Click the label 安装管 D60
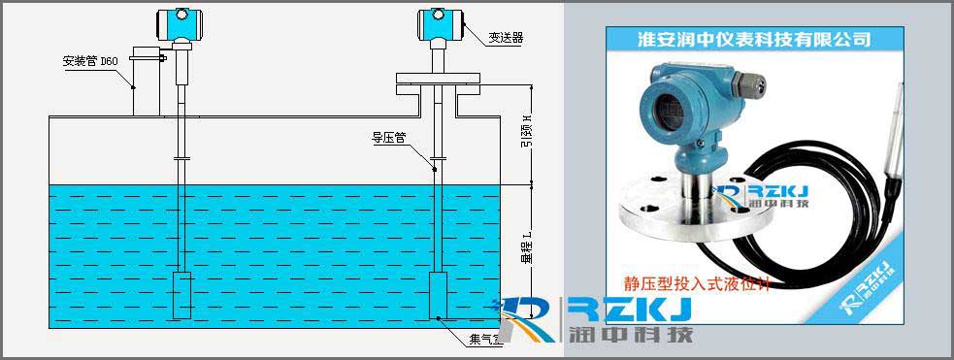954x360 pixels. click(x=90, y=60)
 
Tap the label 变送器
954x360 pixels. click(x=507, y=38)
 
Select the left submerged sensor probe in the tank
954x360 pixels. click(x=182, y=295)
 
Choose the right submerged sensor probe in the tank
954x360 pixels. click(x=440, y=295)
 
